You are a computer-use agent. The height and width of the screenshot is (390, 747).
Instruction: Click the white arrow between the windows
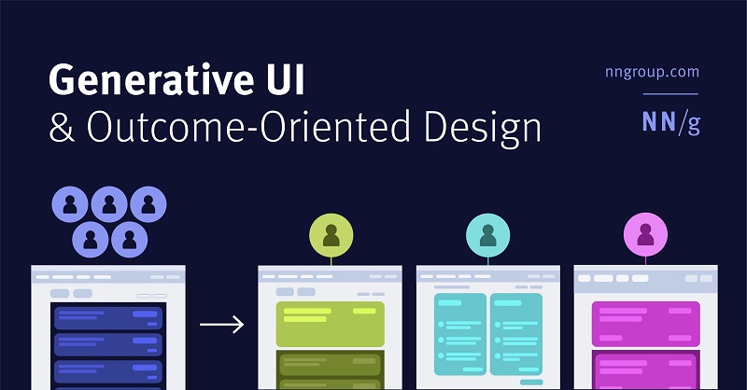click(x=222, y=325)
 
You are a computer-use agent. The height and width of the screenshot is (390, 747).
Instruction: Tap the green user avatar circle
click(x=331, y=234)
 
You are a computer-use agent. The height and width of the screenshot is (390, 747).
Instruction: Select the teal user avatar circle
click(x=487, y=234)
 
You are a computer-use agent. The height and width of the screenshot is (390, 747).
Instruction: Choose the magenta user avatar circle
click(x=644, y=234)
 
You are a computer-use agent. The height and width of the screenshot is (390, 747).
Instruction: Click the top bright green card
click(x=331, y=323)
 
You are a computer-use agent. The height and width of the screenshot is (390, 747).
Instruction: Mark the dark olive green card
click(x=331, y=370)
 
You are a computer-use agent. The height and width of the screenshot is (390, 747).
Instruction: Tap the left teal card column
click(x=460, y=335)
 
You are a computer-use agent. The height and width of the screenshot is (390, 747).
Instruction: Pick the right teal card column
click(x=516, y=335)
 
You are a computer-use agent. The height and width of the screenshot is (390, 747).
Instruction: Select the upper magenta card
click(x=645, y=323)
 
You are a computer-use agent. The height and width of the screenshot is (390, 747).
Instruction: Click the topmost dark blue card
click(x=108, y=317)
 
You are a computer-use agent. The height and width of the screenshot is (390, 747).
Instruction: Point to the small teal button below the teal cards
click(x=531, y=383)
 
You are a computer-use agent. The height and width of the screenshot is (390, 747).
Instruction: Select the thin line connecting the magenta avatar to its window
click(x=644, y=261)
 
